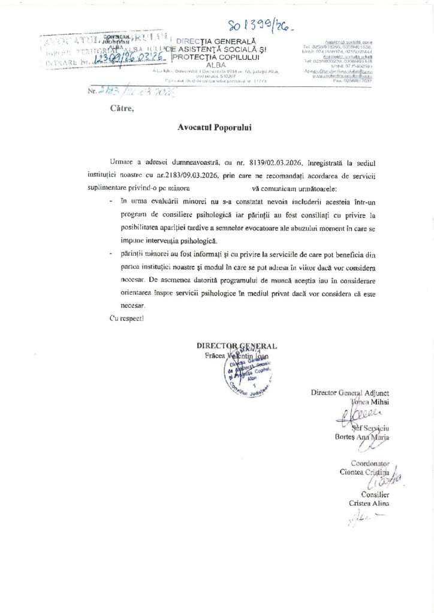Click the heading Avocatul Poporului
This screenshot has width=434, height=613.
pos(215,128)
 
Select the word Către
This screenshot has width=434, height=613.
pos(122,108)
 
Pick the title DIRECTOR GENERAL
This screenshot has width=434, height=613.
pos(236,346)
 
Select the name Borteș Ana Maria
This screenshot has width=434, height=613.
pos(361,437)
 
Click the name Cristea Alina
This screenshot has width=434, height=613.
pos(369,503)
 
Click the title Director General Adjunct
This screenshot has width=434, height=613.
pos(350,393)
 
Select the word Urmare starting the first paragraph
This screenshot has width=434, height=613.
pos(122,162)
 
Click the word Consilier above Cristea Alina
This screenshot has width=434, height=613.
pos(375,495)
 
